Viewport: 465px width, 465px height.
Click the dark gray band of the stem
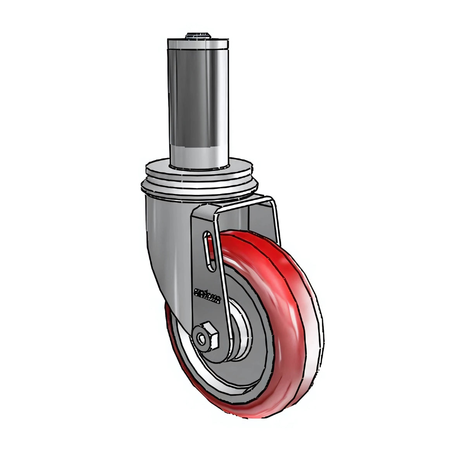(197, 97)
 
